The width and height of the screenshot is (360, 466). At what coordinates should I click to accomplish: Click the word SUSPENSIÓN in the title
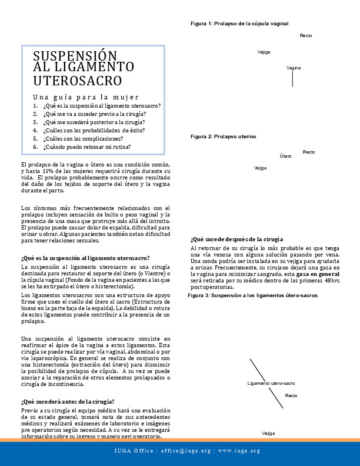click(x=72, y=56)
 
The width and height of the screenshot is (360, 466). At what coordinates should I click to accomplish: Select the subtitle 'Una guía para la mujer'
click(x=86, y=96)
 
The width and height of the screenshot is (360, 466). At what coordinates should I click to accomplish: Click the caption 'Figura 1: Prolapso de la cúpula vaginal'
click(x=239, y=24)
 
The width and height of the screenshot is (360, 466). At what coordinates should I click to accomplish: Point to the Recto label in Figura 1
click(x=306, y=36)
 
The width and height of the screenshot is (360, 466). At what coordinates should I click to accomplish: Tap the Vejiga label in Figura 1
click(x=264, y=52)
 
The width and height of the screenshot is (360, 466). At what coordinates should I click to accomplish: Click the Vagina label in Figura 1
click(x=294, y=68)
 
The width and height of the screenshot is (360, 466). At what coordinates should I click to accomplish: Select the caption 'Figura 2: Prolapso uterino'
click(x=223, y=137)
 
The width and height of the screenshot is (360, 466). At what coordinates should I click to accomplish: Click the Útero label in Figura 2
click(x=286, y=156)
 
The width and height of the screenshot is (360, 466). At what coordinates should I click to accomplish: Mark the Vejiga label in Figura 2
click(x=261, y=168)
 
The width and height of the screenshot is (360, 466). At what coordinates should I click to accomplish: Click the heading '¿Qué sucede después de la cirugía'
click(x=237, y=239)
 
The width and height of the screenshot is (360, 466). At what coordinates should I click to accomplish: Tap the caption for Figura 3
click(x=252, y=295)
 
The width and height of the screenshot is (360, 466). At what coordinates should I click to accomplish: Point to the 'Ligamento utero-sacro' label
click(x=271, y=383)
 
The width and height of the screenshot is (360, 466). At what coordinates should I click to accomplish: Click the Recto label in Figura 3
click(x=291, y=395)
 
